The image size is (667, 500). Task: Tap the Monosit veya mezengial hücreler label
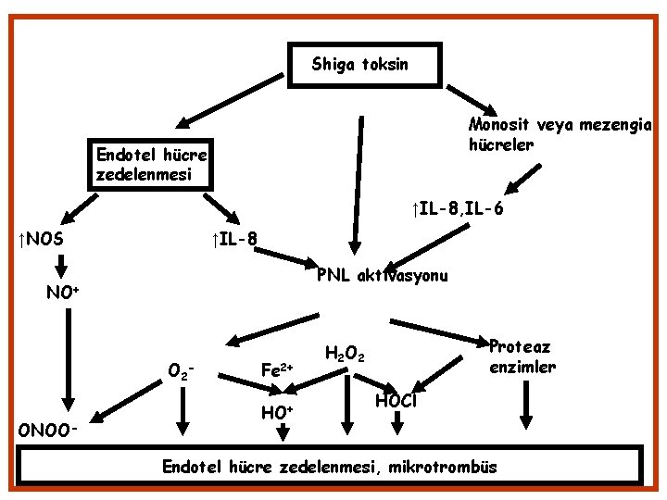click(560, 135)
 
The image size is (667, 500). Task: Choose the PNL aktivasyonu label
click(383, 276)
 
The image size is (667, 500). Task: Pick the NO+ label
click(62, 294)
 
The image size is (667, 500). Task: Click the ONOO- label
click(47, 431)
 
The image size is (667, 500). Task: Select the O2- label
click(181, 372)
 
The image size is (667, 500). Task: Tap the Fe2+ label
click(277, 369)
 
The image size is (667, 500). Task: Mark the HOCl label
click(396, 400)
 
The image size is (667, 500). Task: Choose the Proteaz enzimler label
click(522, 356)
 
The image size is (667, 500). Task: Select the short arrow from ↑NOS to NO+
click(62, 267)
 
